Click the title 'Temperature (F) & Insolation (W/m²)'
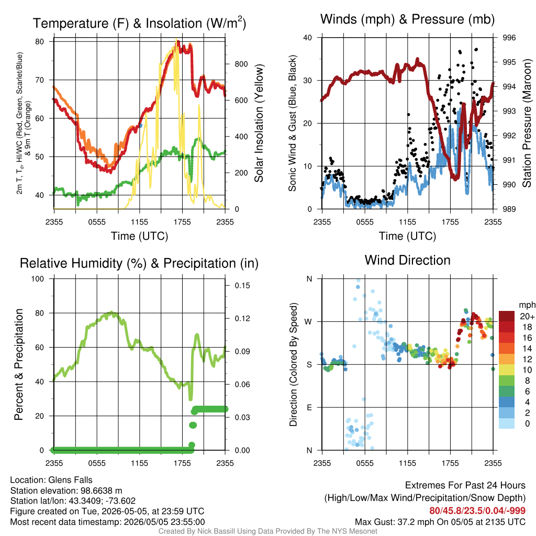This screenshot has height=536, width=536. [x=139, y=23]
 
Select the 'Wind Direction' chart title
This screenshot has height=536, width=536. [x=407, y=260]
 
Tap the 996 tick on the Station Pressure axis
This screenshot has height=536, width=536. [x=509, y=38]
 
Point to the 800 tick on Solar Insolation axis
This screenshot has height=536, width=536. [x=241, y=64]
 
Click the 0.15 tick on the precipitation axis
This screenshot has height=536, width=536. [x=242, y=285]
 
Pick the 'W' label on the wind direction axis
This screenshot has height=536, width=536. [x=308, y=322]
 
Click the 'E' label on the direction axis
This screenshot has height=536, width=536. [x=309, y=407]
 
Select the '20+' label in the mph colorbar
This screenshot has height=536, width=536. [x=527, y=316]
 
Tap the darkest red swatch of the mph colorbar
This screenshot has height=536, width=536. [x=507, y=316]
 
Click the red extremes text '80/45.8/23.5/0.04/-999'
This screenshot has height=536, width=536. [x=477, y=511]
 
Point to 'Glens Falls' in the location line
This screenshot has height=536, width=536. [x=71, y=480]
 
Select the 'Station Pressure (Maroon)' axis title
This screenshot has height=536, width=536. [x=527, y=123]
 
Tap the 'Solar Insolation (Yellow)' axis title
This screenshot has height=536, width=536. [x=259, y=123]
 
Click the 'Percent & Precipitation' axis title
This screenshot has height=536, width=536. [x=18, y=364]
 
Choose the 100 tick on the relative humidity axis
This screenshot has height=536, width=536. [x=38, y=278]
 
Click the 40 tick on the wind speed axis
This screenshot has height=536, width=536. [x=308, y=38]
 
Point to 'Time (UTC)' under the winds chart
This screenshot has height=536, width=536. [x=407, y=236]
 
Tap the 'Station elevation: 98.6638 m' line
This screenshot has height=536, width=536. [x=66, y=490]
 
